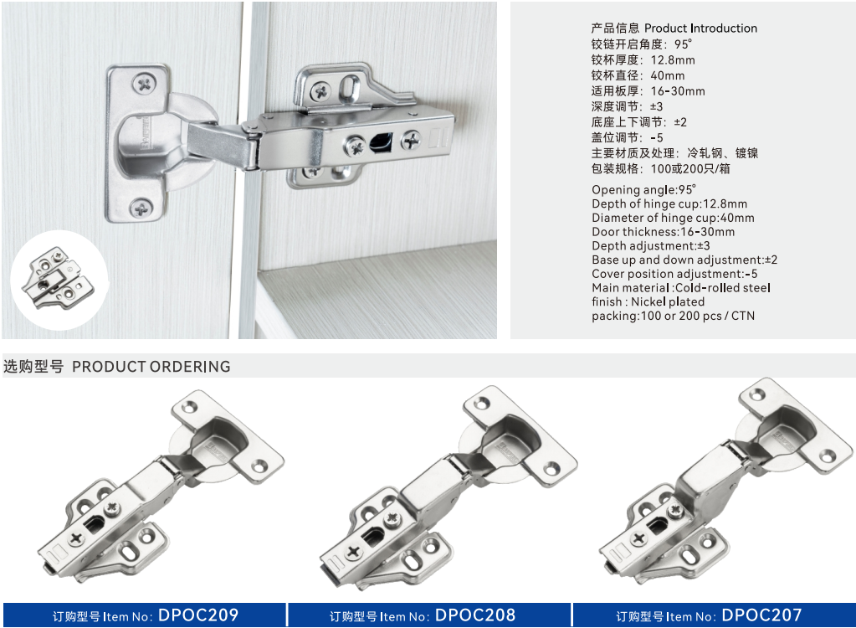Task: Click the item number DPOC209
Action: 198,615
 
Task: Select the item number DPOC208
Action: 475,615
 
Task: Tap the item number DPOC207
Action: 761,615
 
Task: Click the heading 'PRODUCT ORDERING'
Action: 151,367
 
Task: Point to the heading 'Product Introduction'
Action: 700,28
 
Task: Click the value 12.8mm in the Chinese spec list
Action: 673,60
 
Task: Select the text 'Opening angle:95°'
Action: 643,189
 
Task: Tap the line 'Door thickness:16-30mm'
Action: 664,232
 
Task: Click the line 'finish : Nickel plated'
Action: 648,301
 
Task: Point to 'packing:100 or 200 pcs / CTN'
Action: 673,316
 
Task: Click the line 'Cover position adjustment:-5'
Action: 674,274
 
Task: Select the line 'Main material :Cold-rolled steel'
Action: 681,288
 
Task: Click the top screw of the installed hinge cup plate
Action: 145,84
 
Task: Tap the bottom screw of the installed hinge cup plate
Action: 141,208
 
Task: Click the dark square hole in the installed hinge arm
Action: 381,142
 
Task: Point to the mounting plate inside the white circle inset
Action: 58,279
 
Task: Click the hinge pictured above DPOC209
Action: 161,486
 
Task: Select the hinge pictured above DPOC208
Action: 448,487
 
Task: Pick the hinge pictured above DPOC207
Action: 726,481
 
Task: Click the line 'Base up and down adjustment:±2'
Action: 684,260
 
